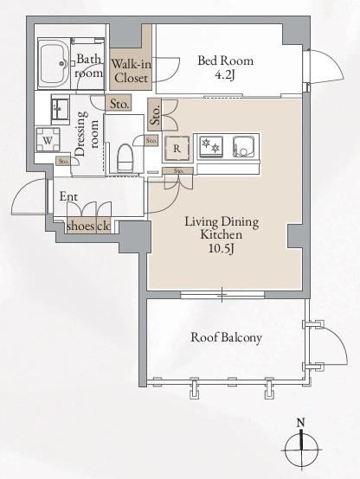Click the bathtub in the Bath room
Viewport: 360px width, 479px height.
click(x=54, y=63)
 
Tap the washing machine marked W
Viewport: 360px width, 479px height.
click(x=48, y=140)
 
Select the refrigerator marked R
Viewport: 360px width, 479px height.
click(x=177, y=149)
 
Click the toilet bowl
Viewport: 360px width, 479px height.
click(x=125, y=158)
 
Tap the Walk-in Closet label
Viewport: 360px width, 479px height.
click(x=131, y=71)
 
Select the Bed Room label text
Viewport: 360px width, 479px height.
click(x=225, y=61)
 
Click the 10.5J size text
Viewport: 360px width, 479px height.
click(x=222, y=249)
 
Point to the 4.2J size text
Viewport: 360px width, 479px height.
click(x=225, y=75)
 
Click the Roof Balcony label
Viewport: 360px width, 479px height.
click(x=227, y=337)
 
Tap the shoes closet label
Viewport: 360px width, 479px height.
click(x=80, y=226)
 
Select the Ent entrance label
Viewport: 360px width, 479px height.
click(x=68, y=196)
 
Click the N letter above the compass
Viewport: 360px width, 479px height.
click(x=301, y=423)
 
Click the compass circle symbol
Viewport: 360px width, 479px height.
click(x=302, y=450)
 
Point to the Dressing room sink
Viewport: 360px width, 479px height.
click(x=60, y=109)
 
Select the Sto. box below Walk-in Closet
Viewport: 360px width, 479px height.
click(x=119, y=104)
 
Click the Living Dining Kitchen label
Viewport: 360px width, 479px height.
click(x=222, y=228)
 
